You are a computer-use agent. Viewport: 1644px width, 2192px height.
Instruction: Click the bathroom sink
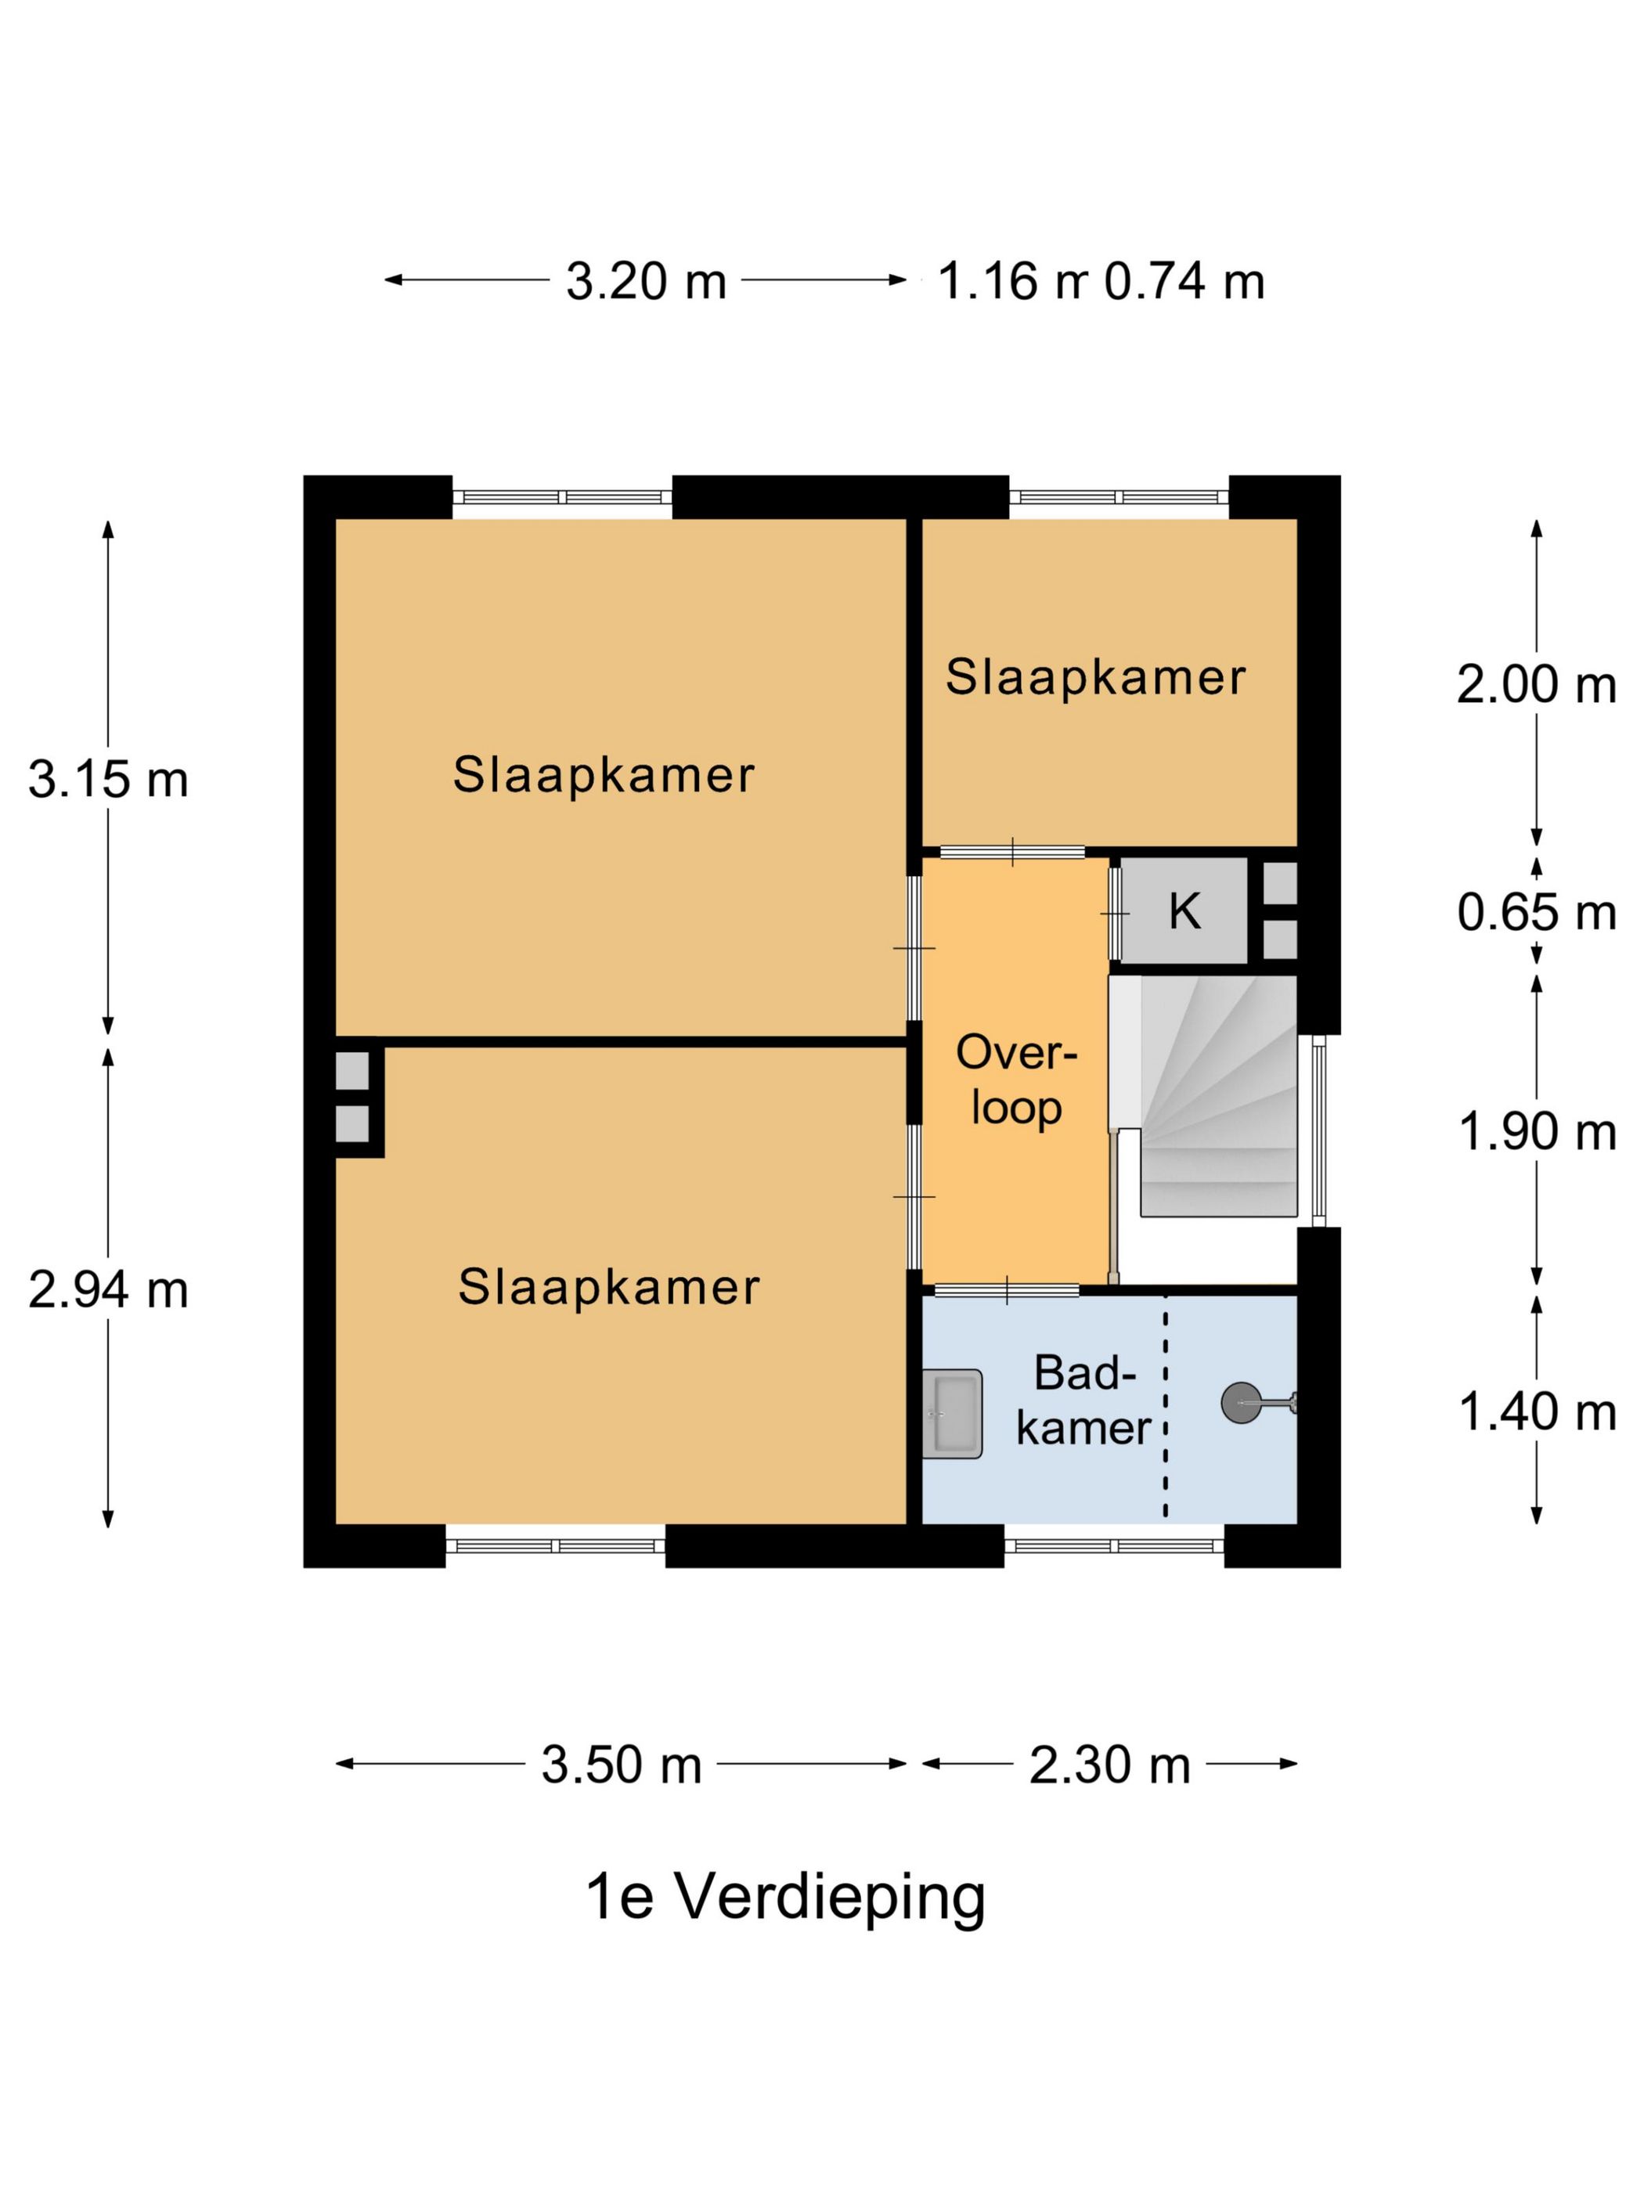point(951,1412)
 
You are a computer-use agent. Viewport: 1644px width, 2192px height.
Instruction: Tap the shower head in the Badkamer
point(1241,1402)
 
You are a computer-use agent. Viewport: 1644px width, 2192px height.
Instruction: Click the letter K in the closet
point(1185,910)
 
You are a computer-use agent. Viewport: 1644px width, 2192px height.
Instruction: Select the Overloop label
point(1015,1080)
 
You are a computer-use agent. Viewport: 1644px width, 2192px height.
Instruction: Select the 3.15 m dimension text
point(108,779)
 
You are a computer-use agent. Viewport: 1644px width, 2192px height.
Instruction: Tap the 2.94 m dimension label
point(108,1290)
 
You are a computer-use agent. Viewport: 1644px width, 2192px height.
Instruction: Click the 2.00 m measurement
point(1536,685)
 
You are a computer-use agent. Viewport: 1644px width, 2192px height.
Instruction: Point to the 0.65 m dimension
point(1536,912)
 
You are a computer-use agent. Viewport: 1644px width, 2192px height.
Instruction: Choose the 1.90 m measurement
point(1536,1132)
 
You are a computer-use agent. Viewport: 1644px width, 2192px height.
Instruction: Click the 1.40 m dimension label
point(1536,1412)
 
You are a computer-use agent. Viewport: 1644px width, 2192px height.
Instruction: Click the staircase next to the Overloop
point(1218,1095)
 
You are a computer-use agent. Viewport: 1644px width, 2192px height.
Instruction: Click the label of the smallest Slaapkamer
point(1095,679)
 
